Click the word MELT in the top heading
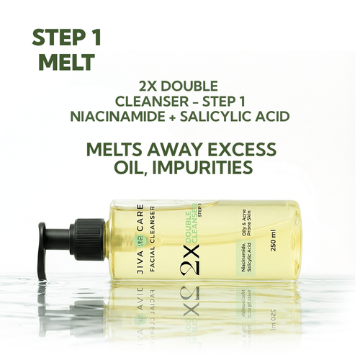click(66, 62)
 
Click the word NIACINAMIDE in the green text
click(118, 117)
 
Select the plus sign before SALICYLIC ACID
click(173, 117)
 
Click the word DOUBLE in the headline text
click(189, 86)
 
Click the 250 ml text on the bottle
click(273, 240)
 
